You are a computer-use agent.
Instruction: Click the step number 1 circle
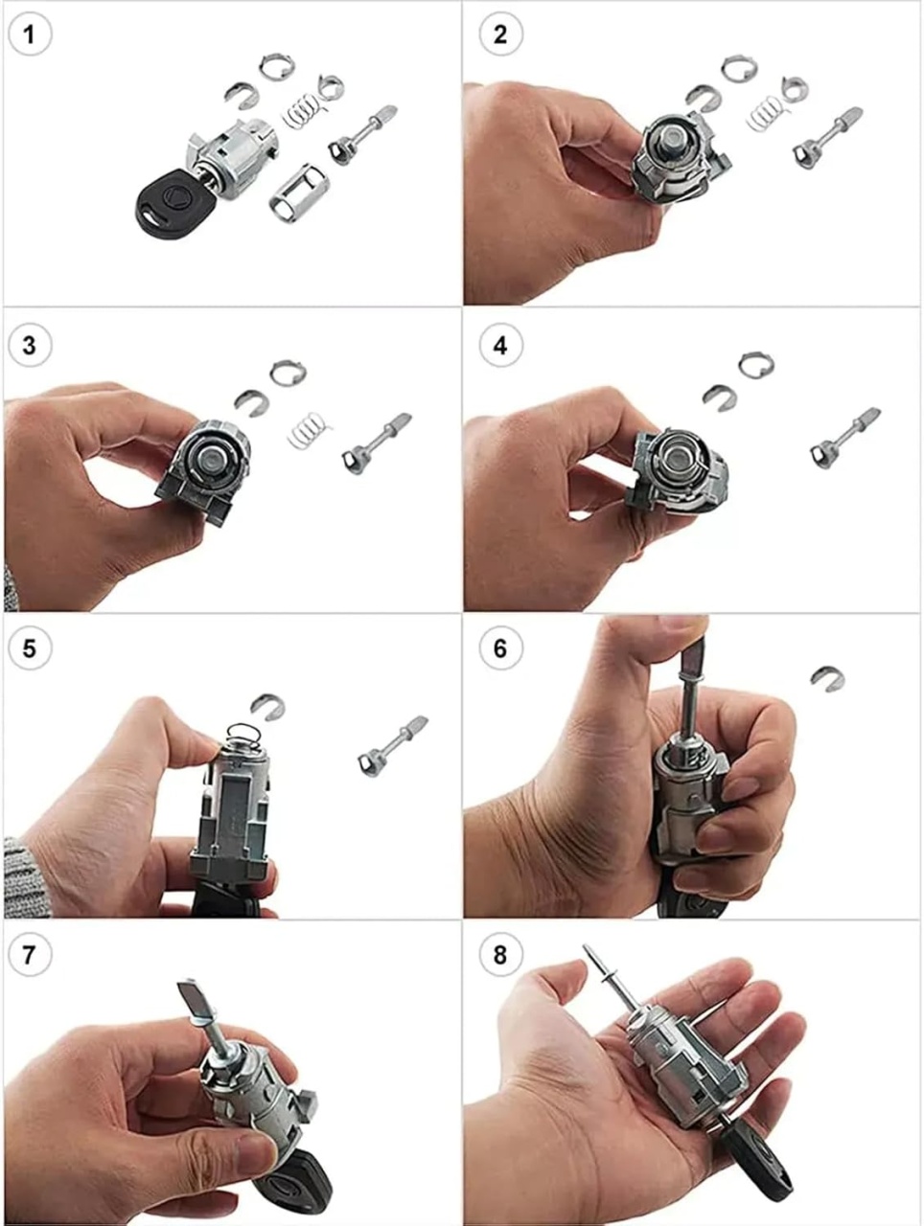click(x=30, y=34)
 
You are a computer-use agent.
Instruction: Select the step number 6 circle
click(x=500, y=648)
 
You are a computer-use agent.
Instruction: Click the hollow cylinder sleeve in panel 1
click(x=294, y=193)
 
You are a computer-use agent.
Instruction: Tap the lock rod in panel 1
click(x=362, y=135)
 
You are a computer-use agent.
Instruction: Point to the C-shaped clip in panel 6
click(x=827, y=678)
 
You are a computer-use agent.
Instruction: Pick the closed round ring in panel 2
click(x=739, y=69)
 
